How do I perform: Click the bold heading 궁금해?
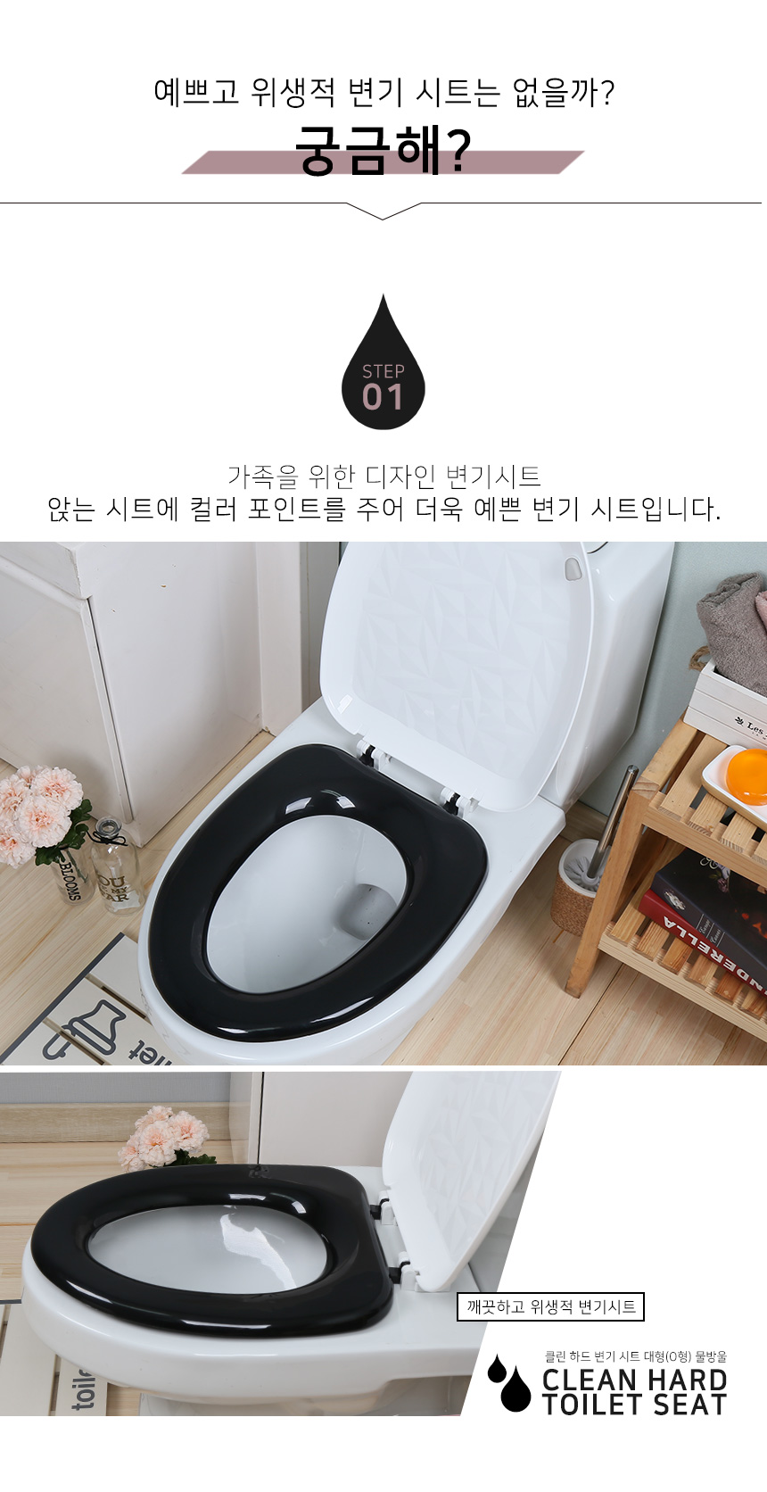383,151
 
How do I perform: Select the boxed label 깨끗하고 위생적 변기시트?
550,1306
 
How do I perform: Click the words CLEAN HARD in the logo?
634,1380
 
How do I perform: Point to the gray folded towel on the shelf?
732,633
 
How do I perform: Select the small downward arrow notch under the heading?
383,211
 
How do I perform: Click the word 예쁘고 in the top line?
196,92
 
